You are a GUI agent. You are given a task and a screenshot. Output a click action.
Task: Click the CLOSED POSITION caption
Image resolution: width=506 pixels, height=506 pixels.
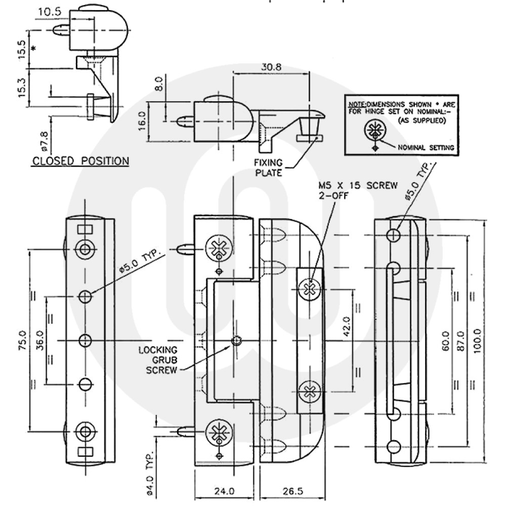pos(80,161)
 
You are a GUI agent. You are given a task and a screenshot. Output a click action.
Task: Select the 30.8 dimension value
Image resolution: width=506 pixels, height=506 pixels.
pos(271,66)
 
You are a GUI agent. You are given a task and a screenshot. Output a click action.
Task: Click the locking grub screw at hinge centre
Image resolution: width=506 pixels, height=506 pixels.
pos(235,341)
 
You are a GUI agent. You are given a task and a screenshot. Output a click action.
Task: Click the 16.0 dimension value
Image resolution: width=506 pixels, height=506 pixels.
pos(143,120)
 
